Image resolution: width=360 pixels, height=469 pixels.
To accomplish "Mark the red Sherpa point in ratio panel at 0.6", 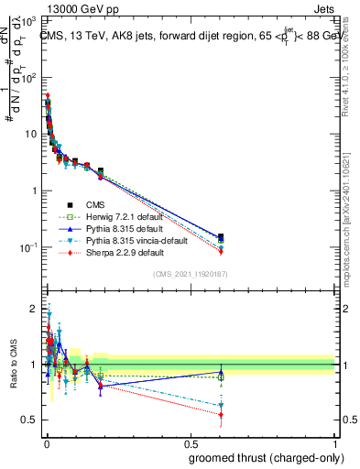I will click(220, 414).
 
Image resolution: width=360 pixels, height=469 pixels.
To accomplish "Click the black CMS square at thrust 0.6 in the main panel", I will click(220, 236).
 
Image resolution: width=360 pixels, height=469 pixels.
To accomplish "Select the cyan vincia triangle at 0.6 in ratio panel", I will click(220, 405).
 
